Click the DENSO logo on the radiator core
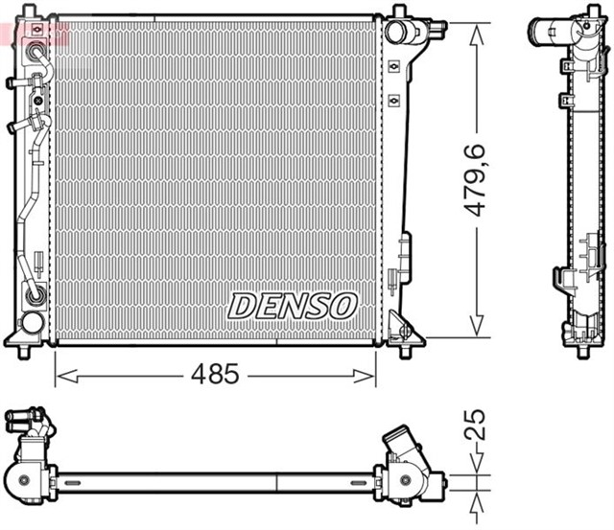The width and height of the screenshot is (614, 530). pyautogui.click(x=293, y=306)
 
